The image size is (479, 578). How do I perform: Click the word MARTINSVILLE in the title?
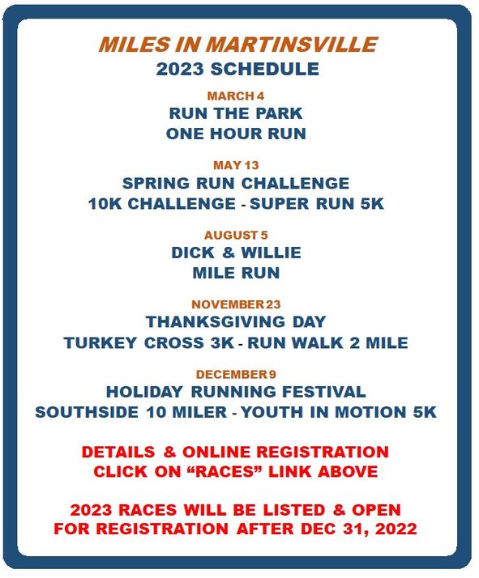291,45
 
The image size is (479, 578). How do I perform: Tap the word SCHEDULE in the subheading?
264,70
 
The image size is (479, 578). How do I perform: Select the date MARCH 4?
236,96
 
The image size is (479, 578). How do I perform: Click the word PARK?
279,113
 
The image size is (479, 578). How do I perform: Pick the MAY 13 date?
236,165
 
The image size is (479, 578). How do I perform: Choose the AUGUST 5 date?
236,236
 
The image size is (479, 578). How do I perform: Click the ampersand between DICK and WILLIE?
229,253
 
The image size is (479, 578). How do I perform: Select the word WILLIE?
271,253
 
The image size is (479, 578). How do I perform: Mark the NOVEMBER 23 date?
236,304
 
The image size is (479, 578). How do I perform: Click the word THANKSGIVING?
216,322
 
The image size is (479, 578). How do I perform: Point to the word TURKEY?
100,342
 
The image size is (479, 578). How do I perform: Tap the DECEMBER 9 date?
236,375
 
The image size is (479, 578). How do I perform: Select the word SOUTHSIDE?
87,412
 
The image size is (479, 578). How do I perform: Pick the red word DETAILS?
118,452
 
